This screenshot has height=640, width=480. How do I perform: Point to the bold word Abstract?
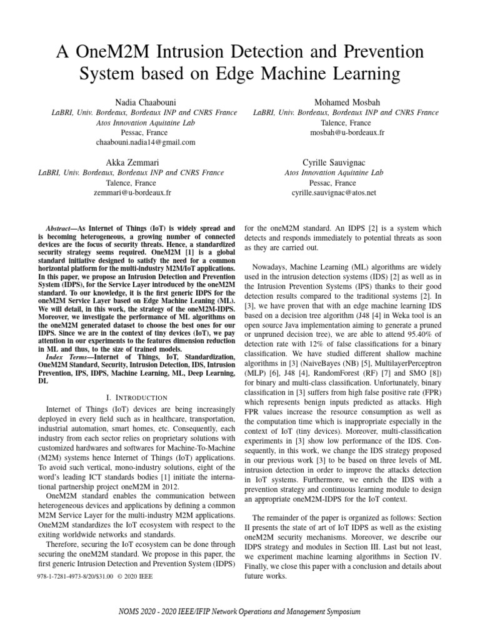click(61, 229)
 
